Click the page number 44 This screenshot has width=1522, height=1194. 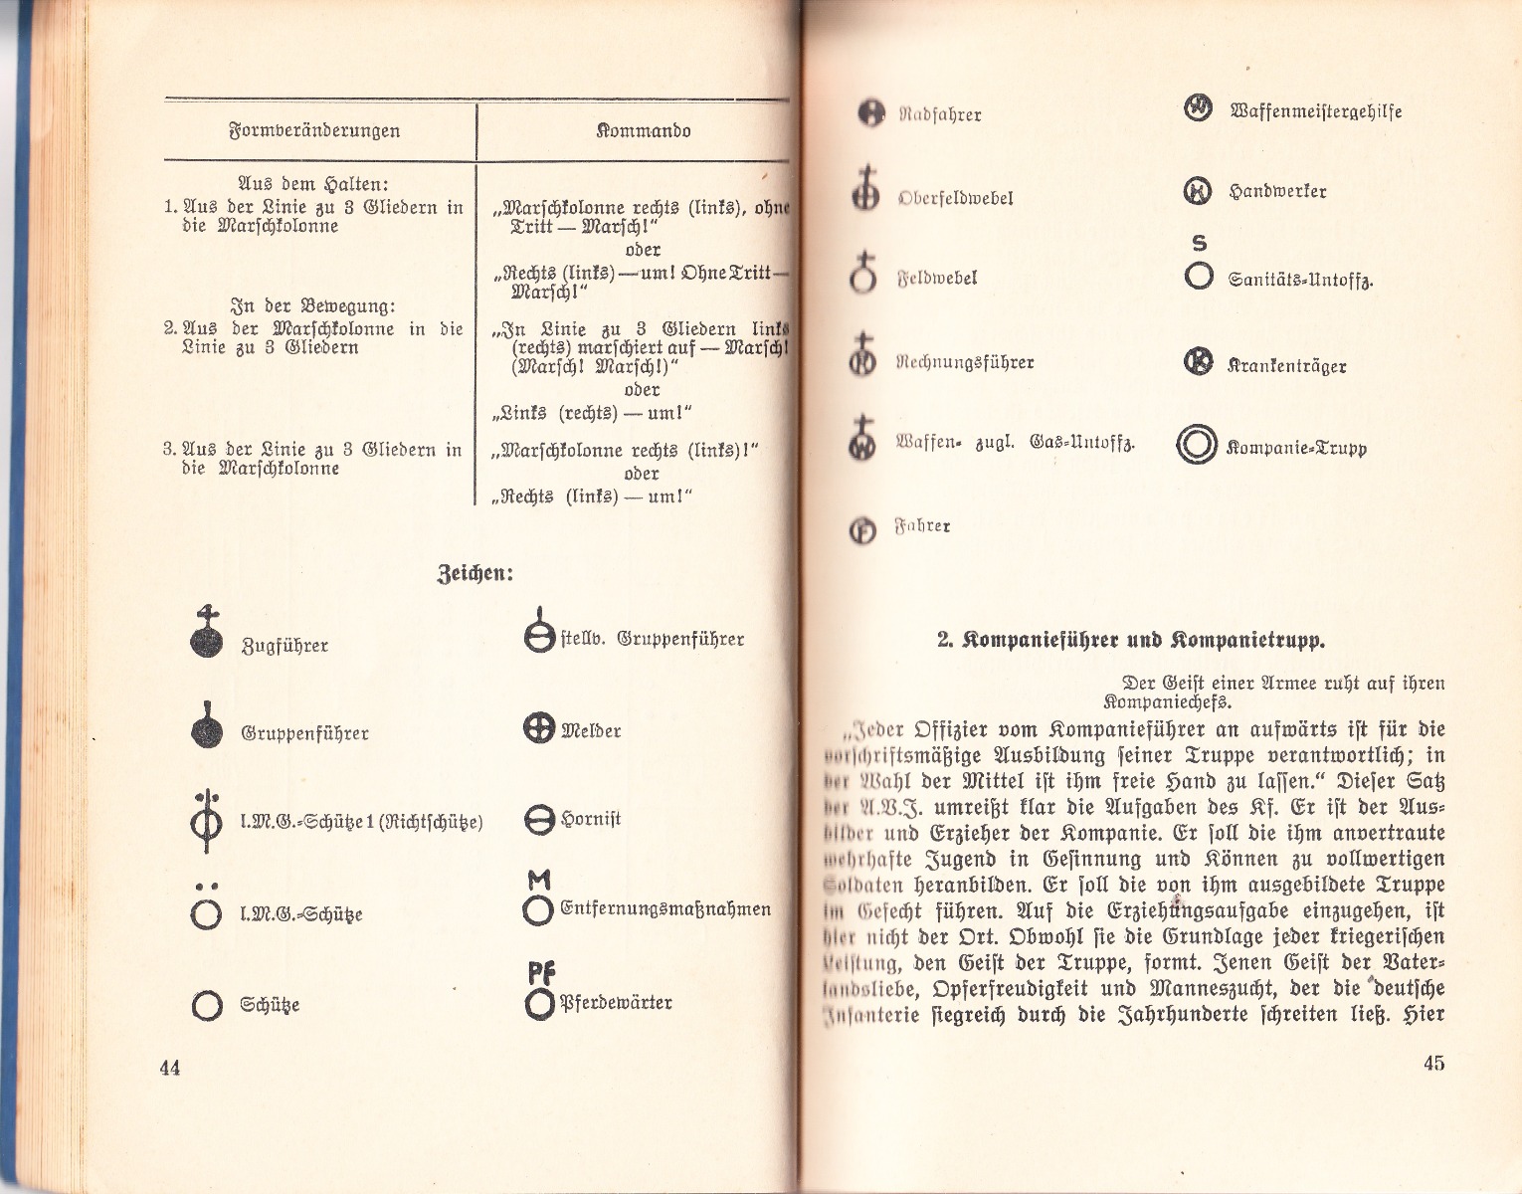[x=170, y=1068]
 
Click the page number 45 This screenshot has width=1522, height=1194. [x=1433, y=1063]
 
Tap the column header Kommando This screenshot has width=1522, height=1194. [x=644, y=130]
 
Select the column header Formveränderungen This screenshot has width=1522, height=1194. [x=314, y=130]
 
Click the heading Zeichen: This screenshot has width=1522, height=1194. [x=476, y=574]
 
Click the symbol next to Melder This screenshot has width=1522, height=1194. [x=538, y=729]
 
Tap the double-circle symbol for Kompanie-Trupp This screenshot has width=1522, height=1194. [x=1197, y=445]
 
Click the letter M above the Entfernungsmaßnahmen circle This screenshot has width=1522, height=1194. [x=539, y=880]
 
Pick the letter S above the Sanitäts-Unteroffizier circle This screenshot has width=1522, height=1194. [x=1199, y=243]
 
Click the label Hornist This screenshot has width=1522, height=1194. [x=591, y=820]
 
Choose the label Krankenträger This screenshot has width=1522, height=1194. [x=1287, y=365]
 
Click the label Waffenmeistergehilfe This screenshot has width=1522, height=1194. [x=1315, y=111]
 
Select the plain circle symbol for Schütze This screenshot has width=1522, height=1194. [x=206, y=1006]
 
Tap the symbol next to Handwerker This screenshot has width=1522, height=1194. [x=1198, y=190]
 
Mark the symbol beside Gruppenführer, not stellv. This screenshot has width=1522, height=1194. [x=207, y=729]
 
